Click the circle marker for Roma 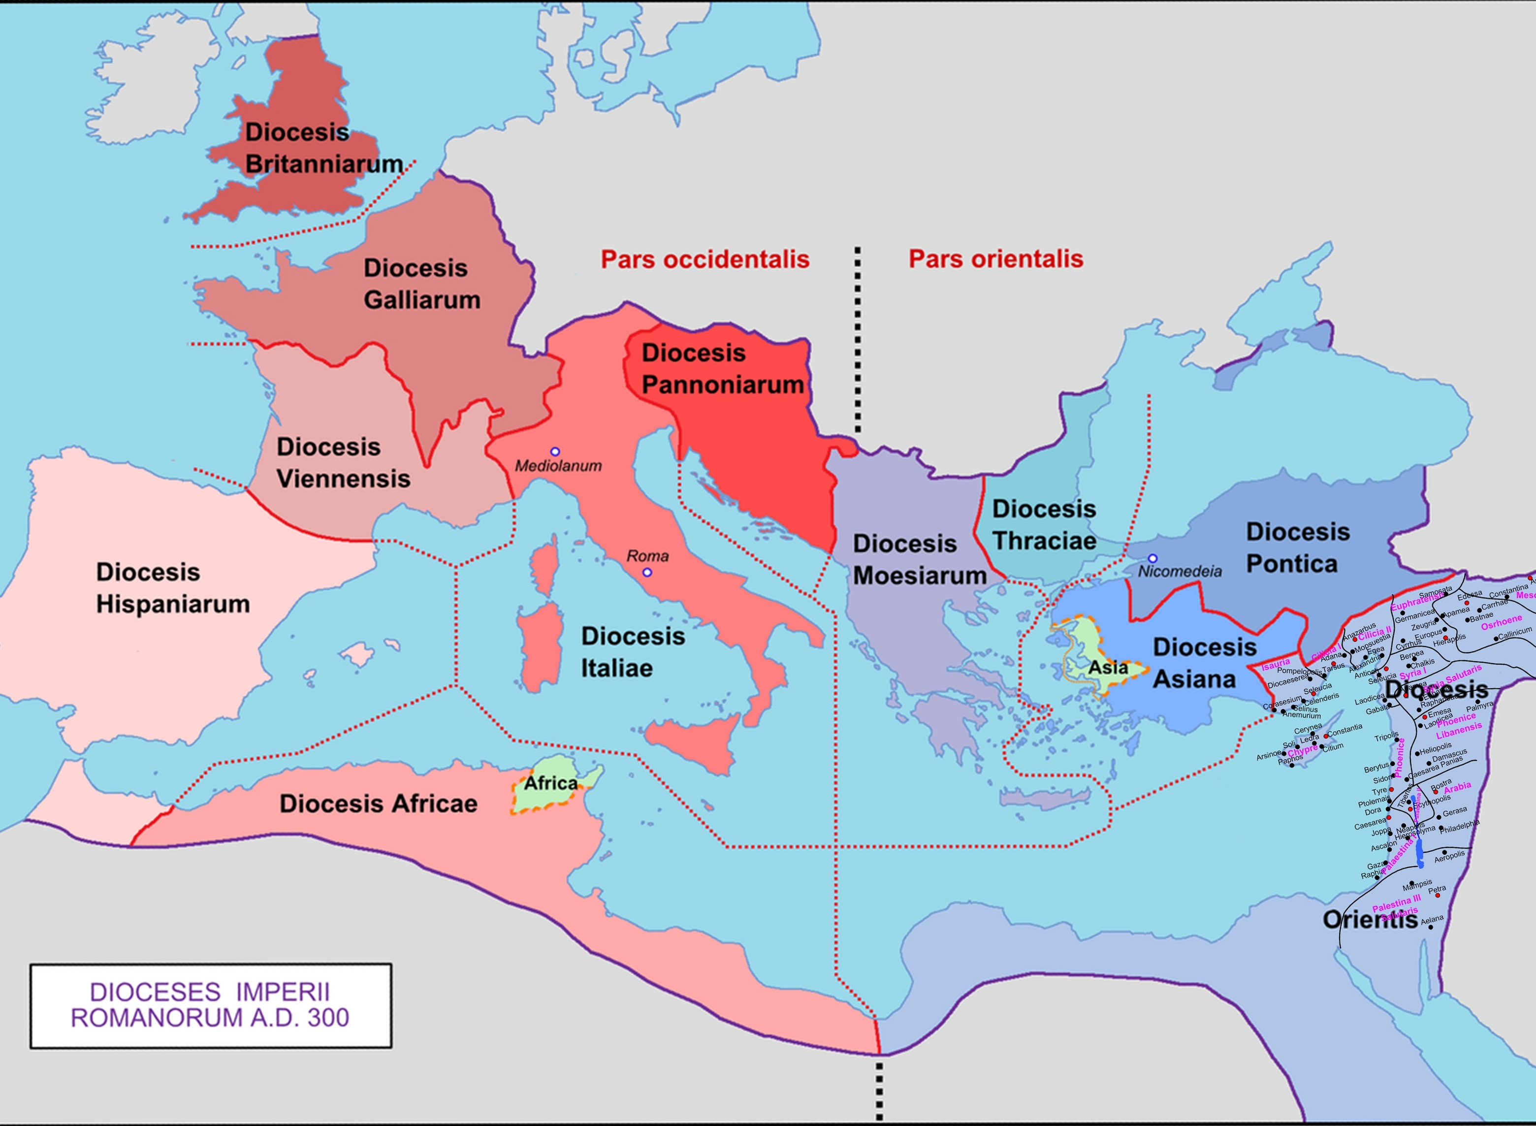point(647,572)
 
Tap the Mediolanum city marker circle point(555,451)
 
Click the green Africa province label point(550,783)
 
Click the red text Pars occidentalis point(704,259)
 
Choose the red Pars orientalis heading point(995,258)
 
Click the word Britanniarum point(323,164)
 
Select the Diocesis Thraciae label point(1044,525)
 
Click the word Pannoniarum point(722,385)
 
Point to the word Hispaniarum point(172,604)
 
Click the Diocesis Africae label point(378,804)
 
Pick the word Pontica point(1291,564)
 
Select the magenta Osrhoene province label point(1501,622)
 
